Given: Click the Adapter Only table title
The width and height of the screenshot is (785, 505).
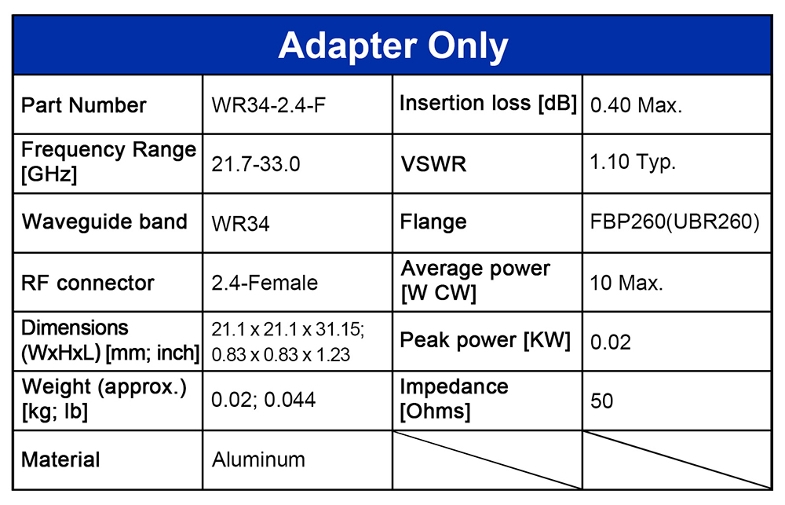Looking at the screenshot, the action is tap(393, 46).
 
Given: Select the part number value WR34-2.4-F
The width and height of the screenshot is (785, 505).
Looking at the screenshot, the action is tap(268, 105).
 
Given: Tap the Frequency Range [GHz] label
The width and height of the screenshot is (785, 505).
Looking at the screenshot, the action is tap(108, 162).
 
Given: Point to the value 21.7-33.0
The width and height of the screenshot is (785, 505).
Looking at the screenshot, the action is tap(256, 164).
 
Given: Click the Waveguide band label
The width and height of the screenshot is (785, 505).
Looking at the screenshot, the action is tap(104, 222).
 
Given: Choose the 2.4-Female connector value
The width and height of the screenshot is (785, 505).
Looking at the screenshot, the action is tap(265, 283).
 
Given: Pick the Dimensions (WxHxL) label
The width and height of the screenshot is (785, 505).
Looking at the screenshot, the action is tap(110, 340).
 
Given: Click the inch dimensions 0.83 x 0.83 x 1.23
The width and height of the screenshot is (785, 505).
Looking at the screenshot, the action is tap(281, 355).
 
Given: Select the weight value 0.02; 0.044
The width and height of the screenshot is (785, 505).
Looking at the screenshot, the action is tap(263, 400).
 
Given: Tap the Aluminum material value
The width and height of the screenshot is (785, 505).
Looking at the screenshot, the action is tap(258, 459).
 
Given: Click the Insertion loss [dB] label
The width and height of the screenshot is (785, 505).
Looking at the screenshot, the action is tap(488, 103).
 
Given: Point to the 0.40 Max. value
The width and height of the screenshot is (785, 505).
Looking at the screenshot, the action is tap(637, 105).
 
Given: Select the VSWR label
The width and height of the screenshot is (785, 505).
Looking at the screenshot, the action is tap(433, 164).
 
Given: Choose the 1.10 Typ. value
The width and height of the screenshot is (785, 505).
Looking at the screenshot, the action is tap(633, 163).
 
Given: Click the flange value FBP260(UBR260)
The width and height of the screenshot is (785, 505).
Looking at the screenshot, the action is tap(675, 222).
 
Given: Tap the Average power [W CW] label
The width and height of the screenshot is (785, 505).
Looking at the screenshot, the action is tap(476, 280).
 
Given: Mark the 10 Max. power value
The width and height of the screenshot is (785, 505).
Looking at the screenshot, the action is tap(626, 283).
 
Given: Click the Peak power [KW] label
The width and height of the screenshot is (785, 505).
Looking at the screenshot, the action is tap(485, 341).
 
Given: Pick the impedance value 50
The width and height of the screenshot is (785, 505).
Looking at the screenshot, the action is tap(602, 401).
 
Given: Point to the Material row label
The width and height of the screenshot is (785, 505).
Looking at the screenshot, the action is tap(60, 459).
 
